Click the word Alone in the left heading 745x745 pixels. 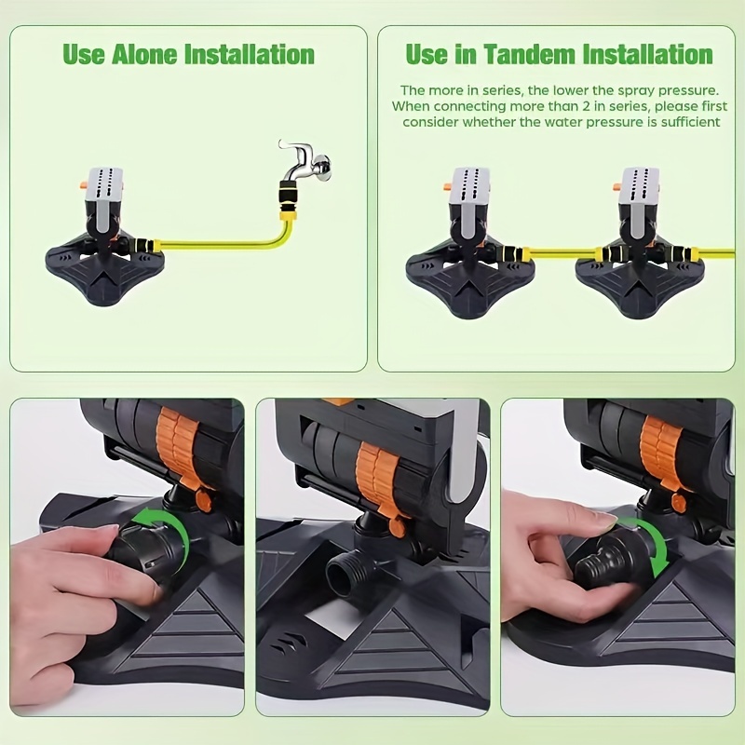(145, 54)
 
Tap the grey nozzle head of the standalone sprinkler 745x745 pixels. (104, 183)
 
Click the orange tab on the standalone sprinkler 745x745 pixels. (82, 184)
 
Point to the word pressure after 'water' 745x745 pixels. (614, 122)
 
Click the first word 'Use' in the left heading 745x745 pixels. (84, 54)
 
